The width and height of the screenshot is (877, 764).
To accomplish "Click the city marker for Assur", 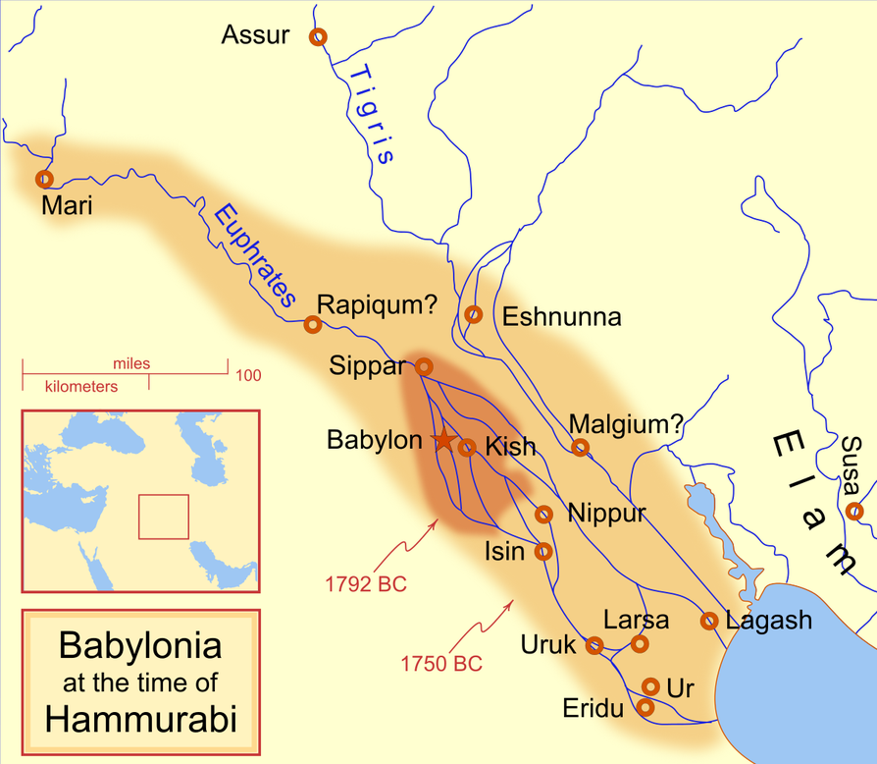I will click(317, 37).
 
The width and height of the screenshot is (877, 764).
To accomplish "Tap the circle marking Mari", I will click(43, 179).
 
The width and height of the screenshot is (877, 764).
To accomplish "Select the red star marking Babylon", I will click(443, 441).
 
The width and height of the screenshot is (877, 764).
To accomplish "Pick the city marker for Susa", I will click(854, 511).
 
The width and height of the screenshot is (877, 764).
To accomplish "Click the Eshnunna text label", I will click(561, 317).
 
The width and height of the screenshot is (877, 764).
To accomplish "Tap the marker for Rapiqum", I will click(313, 323).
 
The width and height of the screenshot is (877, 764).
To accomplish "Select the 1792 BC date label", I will click(364, 584).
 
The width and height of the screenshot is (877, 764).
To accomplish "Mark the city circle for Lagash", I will click(709, 621).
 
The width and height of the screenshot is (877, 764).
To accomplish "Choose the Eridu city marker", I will click(645, 706).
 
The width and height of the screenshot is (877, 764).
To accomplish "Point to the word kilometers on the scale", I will click(81, 387).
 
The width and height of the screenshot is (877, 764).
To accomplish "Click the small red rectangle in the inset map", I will click(163, 517).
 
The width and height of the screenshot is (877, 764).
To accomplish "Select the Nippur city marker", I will click(543, 514).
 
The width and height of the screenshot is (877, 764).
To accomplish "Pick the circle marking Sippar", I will click(424, 365).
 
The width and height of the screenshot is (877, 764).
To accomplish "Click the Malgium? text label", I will click(626, 424).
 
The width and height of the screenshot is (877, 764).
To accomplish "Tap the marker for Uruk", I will click(593, 645).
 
